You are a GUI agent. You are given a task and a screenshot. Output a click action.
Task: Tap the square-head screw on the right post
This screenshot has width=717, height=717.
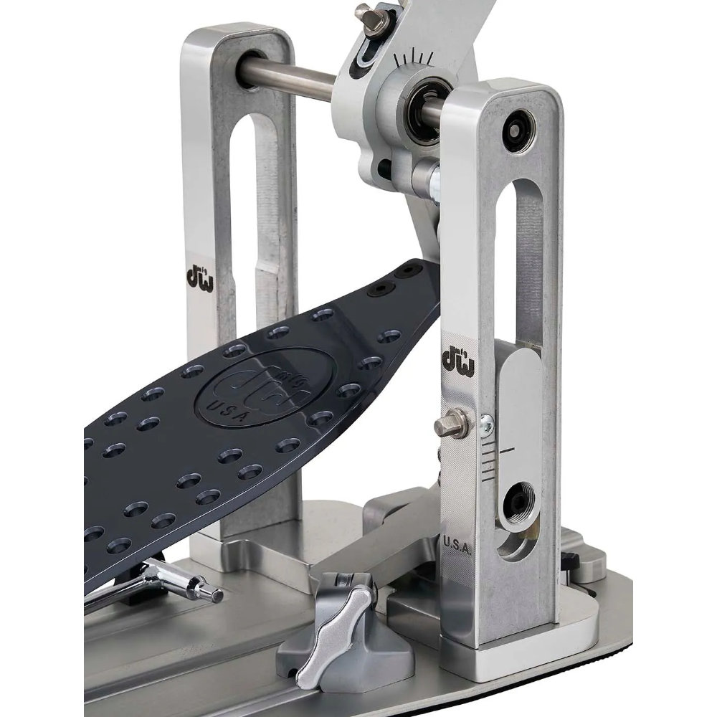445,427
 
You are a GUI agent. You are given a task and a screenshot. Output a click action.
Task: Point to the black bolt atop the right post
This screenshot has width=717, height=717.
516,126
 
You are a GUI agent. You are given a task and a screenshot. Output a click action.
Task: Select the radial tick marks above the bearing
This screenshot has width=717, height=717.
414,58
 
